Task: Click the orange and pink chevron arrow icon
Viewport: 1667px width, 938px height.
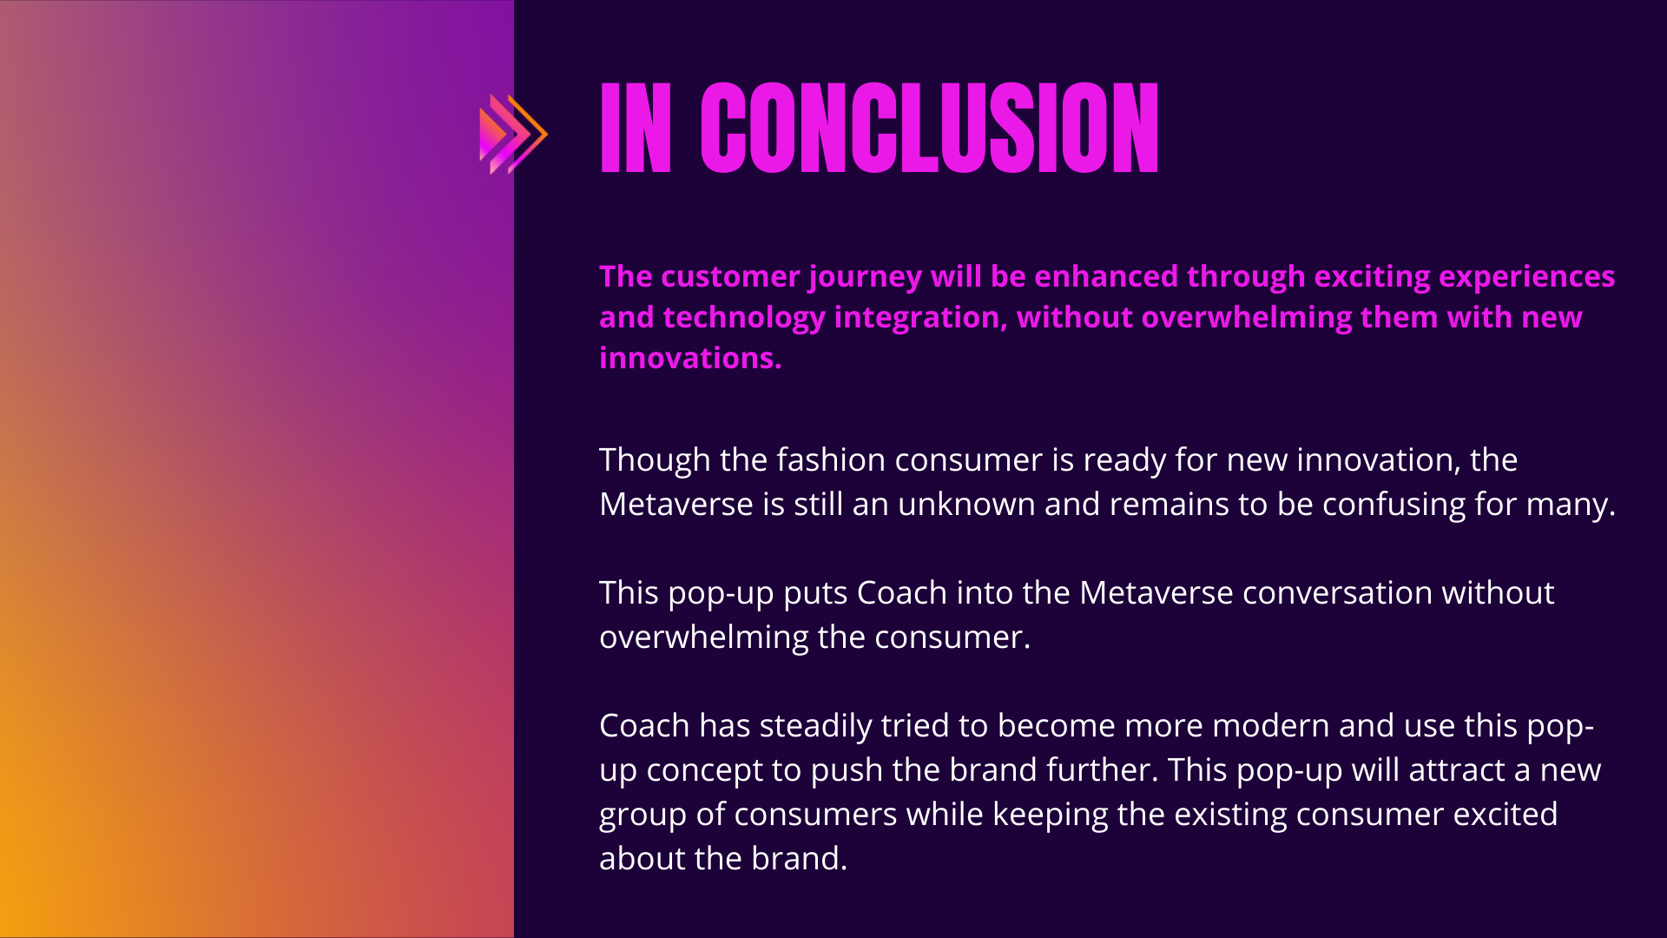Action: tap(513, 134)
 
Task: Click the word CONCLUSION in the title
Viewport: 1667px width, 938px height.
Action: tap(930, 129)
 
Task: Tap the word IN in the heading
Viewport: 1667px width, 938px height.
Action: tap(636, 129)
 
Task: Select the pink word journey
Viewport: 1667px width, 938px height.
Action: tap(865, 277)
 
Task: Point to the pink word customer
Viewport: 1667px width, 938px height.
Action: tap(730, 276)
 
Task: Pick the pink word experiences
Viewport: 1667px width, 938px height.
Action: tap(1526, 277)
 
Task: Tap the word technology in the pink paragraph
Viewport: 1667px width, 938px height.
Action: tap(744, 318)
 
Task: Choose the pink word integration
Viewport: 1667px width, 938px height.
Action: tap(920, 318)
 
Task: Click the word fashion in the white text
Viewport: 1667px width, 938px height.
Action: tap(831, 459)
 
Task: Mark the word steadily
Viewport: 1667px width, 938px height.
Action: tap(815, 726)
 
